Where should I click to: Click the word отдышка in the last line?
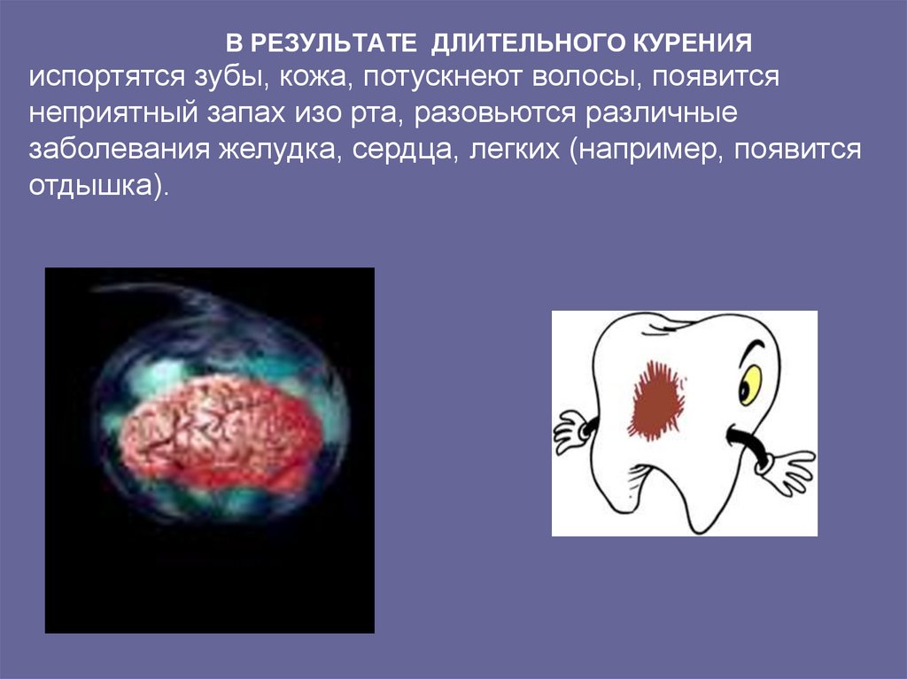[x=94, y=188]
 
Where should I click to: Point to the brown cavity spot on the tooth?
[x=656, y=399]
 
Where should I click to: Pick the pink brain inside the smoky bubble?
[x=221, y=433]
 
